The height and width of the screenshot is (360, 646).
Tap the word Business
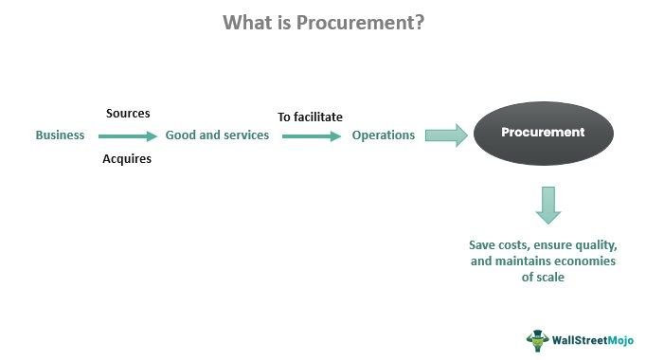pos(60,135)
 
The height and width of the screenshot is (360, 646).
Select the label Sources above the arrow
pos(127,114)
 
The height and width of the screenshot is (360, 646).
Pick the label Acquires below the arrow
pos(127,159)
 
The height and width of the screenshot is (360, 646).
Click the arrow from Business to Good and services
pos(128,136)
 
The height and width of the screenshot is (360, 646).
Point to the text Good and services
pos(217,135)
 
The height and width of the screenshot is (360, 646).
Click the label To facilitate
pos(310,117)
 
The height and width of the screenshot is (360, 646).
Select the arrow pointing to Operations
pos(312,136)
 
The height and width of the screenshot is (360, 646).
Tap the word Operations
pos(384,135)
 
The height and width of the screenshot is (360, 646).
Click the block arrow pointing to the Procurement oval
pos(446,135)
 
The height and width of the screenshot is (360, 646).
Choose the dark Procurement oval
pos(543,133)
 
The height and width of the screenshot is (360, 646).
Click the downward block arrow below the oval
pos(547,203)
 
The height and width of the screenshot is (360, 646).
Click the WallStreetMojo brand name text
pos(593,339)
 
